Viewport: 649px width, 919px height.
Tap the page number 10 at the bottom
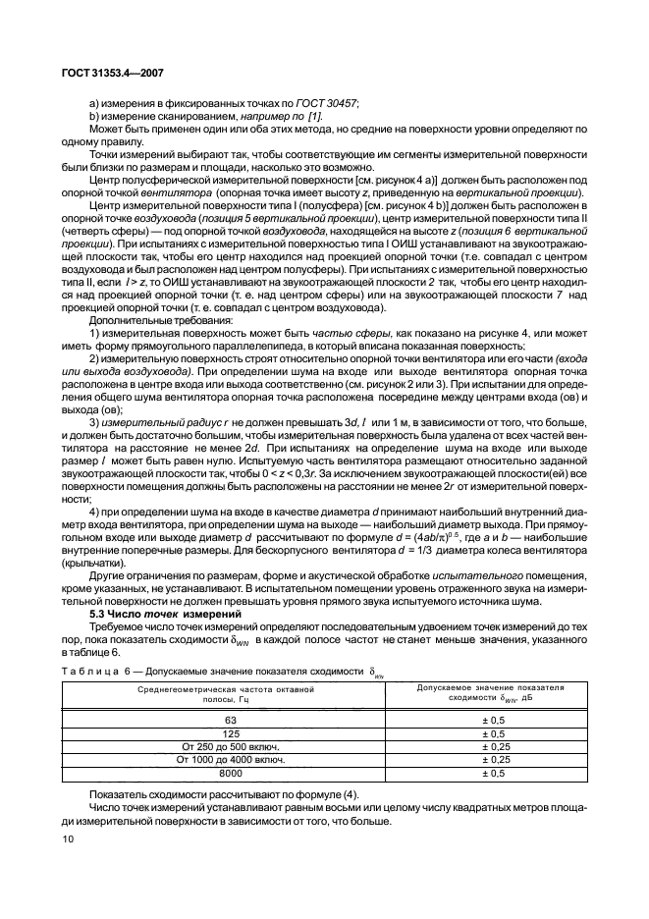(68, 838)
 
